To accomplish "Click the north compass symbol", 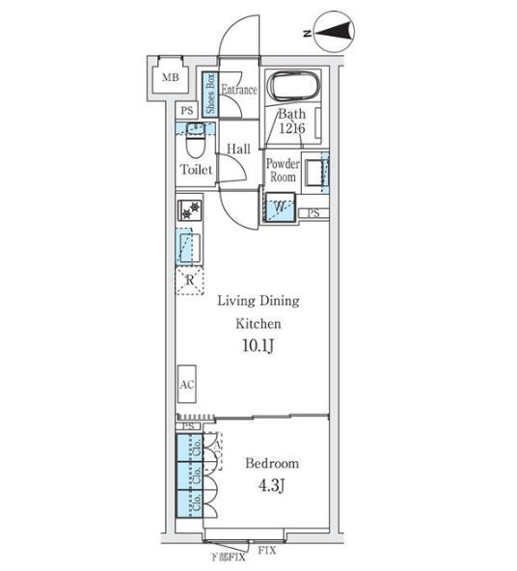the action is click(334, 31).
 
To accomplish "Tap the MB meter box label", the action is click(171, 77).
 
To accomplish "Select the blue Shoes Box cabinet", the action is click(210, 94).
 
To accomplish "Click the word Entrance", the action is click(239, 90).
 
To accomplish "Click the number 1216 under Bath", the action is click(292, 128).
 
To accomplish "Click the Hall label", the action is click(238, 149).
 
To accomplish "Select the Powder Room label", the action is click(283, 170).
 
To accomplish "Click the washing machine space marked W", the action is click(280, 206).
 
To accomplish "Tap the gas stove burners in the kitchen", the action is click(190, 210).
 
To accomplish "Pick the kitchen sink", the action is click(190, 247).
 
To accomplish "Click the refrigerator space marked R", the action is click(189, 280).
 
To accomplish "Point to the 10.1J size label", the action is click(258, 346).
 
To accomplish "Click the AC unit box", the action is click(187, 384).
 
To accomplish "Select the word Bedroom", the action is click(272, 463).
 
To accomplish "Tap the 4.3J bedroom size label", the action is click(272, 485).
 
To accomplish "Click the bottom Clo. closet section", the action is click(190, 503).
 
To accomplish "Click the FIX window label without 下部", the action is click(267, 551).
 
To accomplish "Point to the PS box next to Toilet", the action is click(187, 110).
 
